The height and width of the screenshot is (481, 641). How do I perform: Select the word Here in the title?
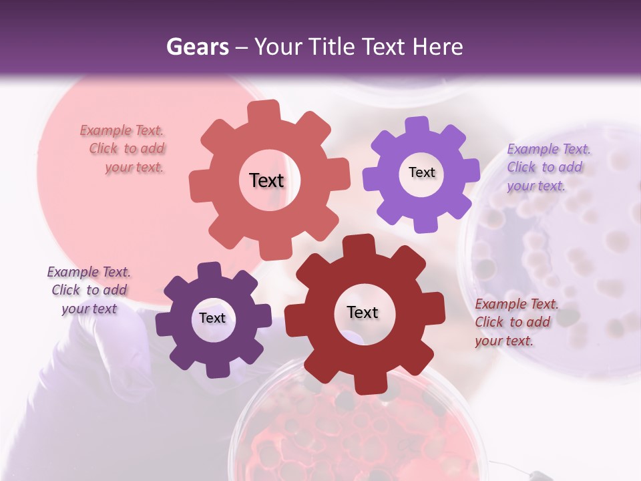(x=437, y=47)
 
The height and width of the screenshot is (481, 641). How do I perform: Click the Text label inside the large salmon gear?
(x=266, y=180)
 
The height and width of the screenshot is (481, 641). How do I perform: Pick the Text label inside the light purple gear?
(x=421, y=172)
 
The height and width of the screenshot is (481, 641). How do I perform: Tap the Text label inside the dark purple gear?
(x=212, y=318)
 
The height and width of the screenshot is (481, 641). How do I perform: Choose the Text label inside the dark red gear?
(x=363, y=312)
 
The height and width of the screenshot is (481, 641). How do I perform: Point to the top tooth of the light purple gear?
(x=417, y=126)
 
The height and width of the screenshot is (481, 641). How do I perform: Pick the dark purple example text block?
(x=89, y=290)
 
